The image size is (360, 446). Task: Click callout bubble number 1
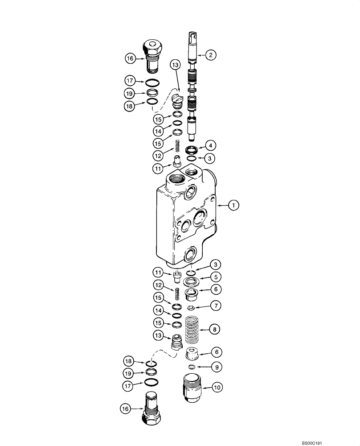click(233, 205)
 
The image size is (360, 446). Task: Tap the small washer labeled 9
click(192, 367)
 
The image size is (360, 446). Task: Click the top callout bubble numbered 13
click(175, 65)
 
